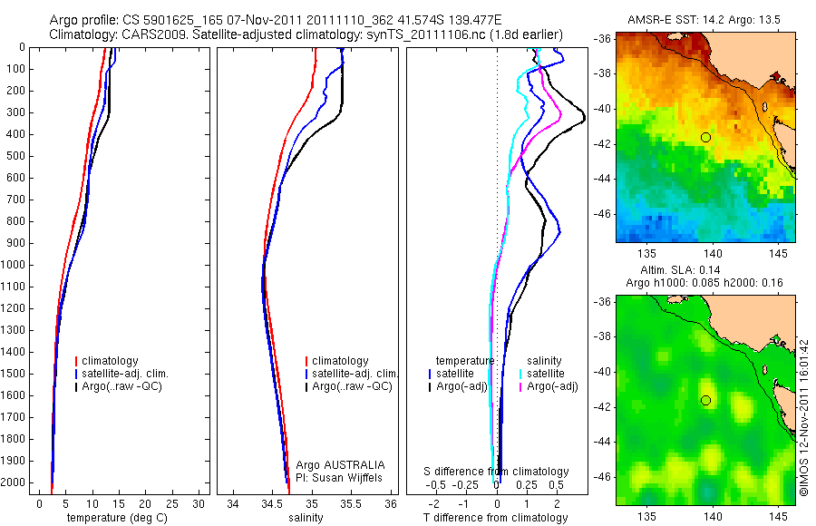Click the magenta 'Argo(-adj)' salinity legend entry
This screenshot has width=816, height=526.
(x=552, y=386)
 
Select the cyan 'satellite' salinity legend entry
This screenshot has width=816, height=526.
(x=545, y=374)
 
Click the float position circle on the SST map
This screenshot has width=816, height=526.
(x=705, y=137)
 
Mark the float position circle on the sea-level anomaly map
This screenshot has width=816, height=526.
(x=705, y=400)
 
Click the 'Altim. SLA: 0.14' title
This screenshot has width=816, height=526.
(x=705, y=271)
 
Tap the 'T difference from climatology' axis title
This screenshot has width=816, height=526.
(x=496, y=518)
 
